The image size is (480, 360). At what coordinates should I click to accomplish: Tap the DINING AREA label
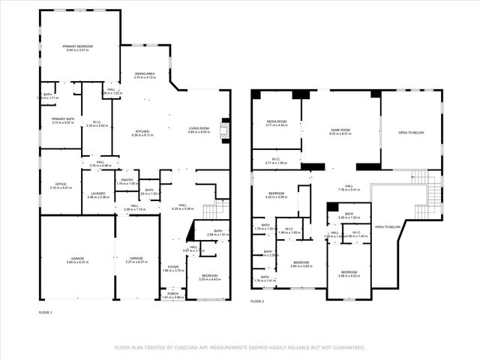(x=145, y=73)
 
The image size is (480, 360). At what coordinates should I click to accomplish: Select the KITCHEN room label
(x=142, y=131)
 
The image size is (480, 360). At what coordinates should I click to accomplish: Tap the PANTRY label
(x=127, y=180)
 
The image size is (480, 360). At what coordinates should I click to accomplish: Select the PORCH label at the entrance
(x=173, y=294)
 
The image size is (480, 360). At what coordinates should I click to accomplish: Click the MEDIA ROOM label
(x=277, y=121)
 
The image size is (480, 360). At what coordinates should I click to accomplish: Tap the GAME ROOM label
(x=341, y=130)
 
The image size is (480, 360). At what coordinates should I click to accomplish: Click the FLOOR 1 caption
(x=46, y=311)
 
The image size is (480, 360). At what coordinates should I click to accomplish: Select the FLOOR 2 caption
(x=257, y=301)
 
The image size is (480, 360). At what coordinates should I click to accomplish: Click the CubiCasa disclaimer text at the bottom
(x=240, y=347)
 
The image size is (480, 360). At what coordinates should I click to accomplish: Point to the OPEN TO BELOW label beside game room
(x=411, y=132)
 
